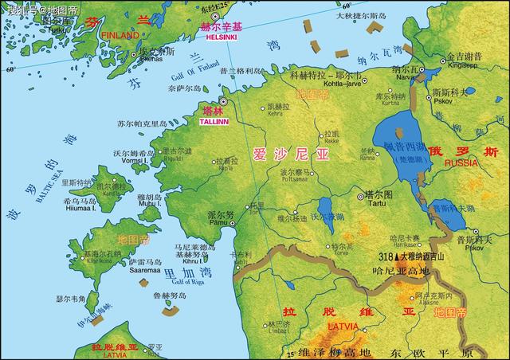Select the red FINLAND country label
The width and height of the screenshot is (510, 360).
tap(120, 35)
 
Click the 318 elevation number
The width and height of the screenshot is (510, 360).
tap(386, 257)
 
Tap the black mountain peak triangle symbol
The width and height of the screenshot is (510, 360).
tap(396, 257)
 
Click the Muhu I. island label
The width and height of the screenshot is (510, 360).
tap(150, 204)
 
